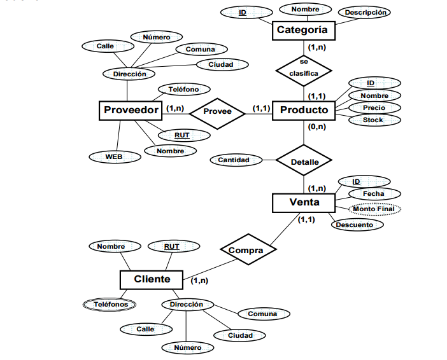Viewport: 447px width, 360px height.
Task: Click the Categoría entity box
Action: tap(302, 30)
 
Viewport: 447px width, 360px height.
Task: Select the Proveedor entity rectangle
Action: tap(131, 110)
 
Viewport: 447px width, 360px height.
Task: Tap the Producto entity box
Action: tap(304, 110)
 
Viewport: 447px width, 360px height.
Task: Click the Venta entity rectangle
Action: tap(304, 203)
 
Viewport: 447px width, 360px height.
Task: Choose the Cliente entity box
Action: tap(152, 279)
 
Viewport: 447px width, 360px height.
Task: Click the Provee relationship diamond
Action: tap(218, 111)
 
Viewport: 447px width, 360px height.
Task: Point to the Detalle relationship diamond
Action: tap(304, 162)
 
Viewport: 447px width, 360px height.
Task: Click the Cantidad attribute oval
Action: tap(234, 160)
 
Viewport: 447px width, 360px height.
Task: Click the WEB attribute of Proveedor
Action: tap(114, 156)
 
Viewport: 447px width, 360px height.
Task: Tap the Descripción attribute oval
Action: tap(365, 13)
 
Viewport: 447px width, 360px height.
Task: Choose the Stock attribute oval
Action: tap(373, 120)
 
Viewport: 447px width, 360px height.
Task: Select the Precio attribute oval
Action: tap(374, 107)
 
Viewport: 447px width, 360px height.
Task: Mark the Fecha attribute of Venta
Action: tap(373, 193)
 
